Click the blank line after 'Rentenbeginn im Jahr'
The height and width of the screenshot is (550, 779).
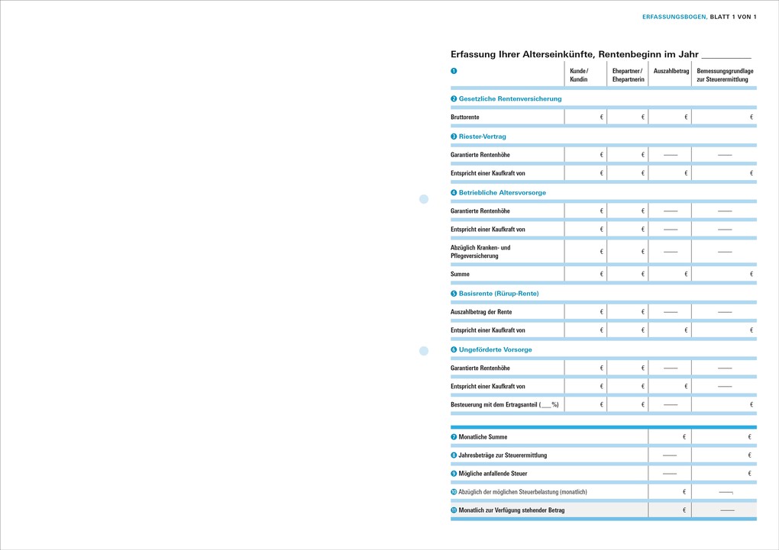726,56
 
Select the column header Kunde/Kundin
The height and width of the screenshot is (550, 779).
579,75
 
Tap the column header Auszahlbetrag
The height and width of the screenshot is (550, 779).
671,71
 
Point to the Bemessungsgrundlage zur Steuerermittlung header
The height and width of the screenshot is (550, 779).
724,75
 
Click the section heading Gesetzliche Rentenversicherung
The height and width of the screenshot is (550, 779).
509,98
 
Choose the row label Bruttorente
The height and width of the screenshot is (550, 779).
465,117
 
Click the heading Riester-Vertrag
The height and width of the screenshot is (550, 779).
482,137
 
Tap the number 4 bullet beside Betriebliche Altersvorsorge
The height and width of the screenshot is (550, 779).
454,193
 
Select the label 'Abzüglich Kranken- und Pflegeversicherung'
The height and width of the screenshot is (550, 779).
480,252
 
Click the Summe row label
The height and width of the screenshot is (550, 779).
460,274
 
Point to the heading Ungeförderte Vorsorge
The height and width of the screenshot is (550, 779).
495,349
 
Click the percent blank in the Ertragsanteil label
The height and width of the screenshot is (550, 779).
547,405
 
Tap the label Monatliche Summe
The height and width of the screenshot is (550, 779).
483,437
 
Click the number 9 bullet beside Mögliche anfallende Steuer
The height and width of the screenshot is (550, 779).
454,474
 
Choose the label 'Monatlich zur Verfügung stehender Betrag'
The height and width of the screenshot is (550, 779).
511,510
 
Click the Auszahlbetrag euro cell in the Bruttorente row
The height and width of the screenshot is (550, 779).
671,117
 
